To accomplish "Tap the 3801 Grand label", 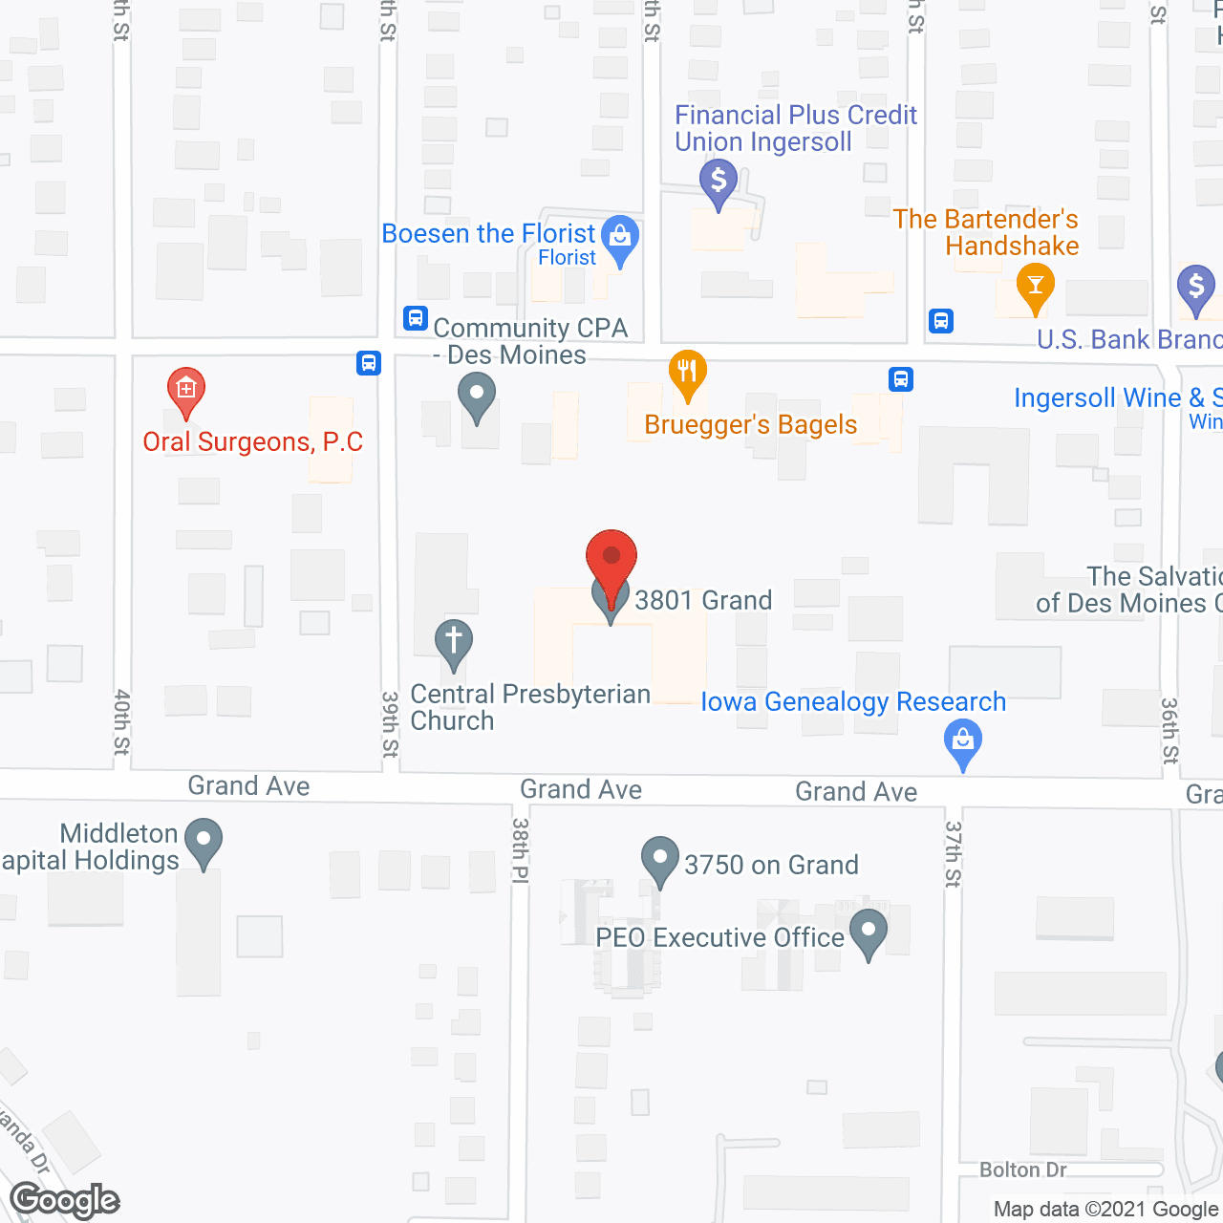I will [x=703, y=600].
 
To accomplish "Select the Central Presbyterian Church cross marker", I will [x=454, y=642].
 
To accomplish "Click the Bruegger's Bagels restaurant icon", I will [x=687, y=373].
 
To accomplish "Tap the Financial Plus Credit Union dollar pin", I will [x=719, y=182].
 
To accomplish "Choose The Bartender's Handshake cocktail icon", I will [x=1035, y=287].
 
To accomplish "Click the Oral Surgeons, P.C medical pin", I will [x=186, y=390].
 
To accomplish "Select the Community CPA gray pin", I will [x=476, y=395].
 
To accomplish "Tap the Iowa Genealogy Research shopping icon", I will [x=963, y=742].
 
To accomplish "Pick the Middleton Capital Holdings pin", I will [x=203, y=841].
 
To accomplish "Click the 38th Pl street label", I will [x=520, y=849].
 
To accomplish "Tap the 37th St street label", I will [x=953, y=853].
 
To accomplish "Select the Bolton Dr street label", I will [x=1022, y=1169].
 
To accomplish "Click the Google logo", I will [x=65, y=1200].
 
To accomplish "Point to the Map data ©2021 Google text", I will [x=1106, y=1209].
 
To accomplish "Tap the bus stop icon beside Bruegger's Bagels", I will [x=900, y=379].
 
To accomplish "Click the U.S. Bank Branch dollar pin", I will [x=1195, y=288].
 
